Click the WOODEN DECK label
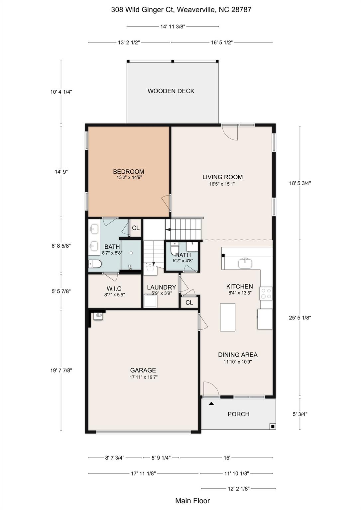(171, 91)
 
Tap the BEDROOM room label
(128, 172)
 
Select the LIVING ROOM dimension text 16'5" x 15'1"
(223, 184)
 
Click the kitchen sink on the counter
(245, 263)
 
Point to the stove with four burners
(266, 294)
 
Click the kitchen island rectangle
(227, 317)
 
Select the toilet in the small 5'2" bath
(175, 249)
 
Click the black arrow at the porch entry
(211, 404)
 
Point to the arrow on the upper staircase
(169, 229)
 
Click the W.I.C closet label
(114, 289)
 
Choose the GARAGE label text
(143, 370)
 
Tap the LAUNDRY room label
(162, 287)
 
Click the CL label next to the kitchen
(189, 302)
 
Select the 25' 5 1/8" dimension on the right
(300, 317)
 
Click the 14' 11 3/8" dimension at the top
(173, 27)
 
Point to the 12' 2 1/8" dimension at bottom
(238, 488)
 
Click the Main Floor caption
(192, 500)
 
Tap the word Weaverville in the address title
(196, 10)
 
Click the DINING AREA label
(238, 355)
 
